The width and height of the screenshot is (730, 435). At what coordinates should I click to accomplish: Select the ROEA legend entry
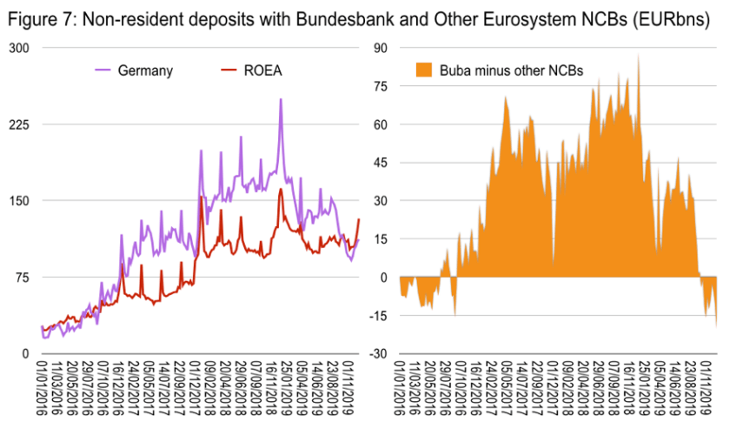pos(264,70)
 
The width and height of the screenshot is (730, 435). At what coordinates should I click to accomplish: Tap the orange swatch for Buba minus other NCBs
pos(423,70)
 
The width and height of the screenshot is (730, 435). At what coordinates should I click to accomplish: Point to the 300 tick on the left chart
pos(19,48)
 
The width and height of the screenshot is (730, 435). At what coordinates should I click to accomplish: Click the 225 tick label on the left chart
pos(19,124)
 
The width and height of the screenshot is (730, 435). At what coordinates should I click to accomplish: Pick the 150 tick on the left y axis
pos(19,201)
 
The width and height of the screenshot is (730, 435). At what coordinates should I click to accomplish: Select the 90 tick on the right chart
pos(379,48)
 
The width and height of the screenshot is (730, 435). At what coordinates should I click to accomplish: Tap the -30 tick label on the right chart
pos(377,353)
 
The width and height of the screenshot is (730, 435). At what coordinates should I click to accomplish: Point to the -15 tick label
pos(377,315)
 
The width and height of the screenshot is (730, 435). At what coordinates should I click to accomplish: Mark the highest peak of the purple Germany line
pos(280,99)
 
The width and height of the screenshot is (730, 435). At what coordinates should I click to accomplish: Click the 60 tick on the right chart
pos(379,124)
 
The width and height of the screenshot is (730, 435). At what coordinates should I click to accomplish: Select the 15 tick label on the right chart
pos(379,239)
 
